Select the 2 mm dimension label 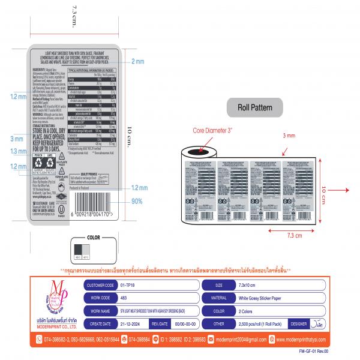[138, 61]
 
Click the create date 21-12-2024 [132, 323]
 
